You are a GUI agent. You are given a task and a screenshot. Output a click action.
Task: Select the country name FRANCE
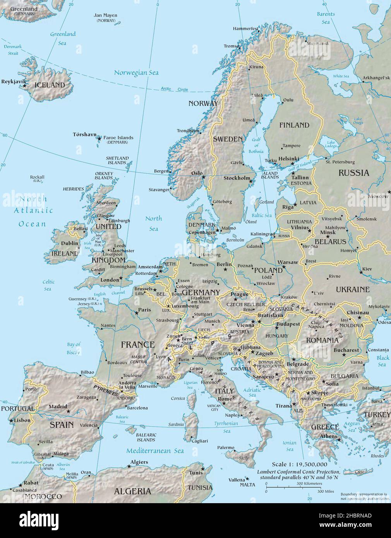(x=137, y=344)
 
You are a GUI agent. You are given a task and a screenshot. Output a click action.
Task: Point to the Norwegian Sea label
(x=136, y=72)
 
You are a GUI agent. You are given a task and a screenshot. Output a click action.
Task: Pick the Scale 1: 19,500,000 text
(x=299, y=464)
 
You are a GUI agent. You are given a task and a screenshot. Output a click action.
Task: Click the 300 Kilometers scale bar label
(x=309, y=483)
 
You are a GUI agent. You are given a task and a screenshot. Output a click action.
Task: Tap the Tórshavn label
(x=84, y=134)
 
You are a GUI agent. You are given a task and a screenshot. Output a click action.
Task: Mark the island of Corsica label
(x=178, y=398)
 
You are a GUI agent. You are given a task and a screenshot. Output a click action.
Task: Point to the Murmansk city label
(x=318, y=43)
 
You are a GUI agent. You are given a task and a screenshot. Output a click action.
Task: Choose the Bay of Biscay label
(x=73, y=348)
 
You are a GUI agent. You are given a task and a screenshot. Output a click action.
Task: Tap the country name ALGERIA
(x=132, y=491)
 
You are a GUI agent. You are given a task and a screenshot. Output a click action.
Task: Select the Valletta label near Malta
(x=237, y=480)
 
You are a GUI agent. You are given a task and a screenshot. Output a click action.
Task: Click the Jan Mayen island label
(x=105, y=15)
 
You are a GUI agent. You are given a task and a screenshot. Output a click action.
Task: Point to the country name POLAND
(x=268, y=270)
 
